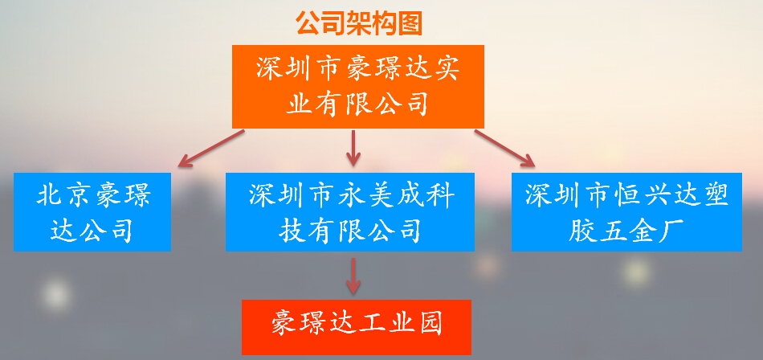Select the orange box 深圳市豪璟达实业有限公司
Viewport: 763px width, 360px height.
358,87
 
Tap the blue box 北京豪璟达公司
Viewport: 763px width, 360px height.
92,212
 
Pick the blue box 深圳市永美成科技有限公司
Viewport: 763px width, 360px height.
350,212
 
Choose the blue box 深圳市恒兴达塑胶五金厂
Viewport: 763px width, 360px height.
626,212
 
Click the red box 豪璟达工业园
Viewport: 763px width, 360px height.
357,327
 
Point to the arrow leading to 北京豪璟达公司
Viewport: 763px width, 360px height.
211,148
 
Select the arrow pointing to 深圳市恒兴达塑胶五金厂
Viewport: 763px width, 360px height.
504,148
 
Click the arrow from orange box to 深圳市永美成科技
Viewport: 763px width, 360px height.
353,148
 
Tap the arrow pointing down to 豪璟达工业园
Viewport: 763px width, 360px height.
353,276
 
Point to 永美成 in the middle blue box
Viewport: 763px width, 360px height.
381,196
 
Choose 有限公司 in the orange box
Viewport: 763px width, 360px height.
372,104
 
